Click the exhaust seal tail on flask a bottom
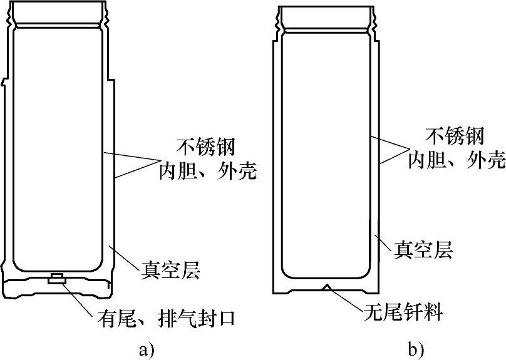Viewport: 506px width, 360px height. (56, 279)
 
